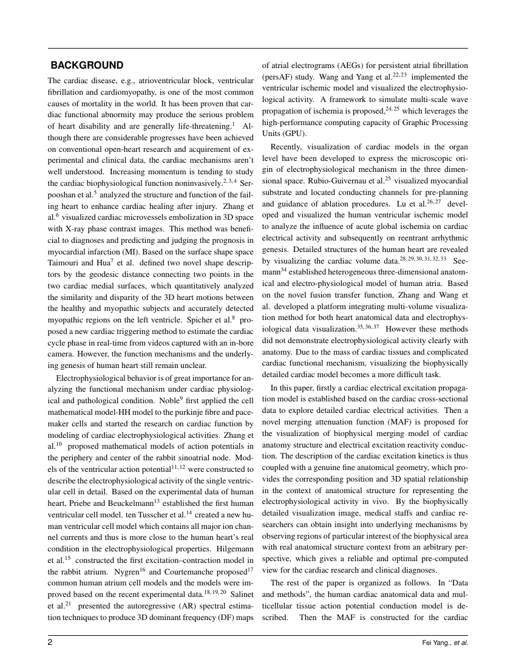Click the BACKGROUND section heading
click(87, 66)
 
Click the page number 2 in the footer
click(51, 643)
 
